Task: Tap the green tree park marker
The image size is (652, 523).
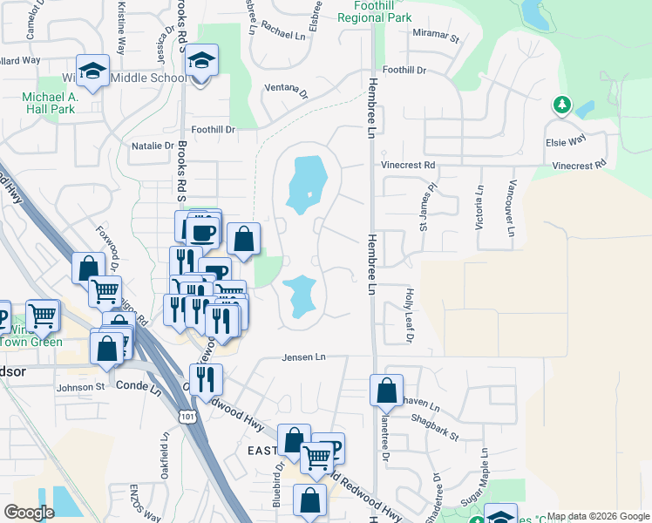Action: click(x=562, y=106)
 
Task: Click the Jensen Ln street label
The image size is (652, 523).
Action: click(x=303, y=357)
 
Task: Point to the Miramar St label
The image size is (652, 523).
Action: click(x=437, y=36)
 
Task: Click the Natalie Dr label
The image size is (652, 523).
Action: click(x=153, y=146)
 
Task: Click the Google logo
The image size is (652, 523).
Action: click(x=30, y=513)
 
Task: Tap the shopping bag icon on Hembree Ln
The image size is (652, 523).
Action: click(x=386, y=391)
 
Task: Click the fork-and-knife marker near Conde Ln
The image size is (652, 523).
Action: click(x=206, y=379)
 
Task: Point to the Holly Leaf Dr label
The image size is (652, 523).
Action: click(x=408, y=316)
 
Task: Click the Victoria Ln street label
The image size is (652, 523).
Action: click(x=479, y=208)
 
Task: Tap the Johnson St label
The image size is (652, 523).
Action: click(x=80, y=387)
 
